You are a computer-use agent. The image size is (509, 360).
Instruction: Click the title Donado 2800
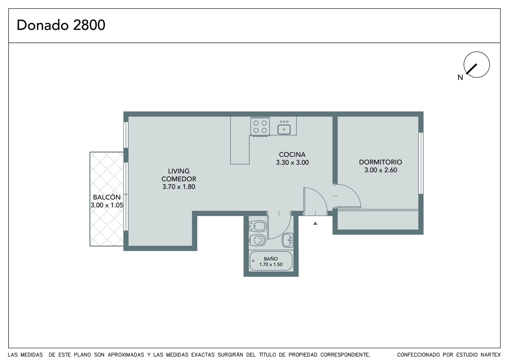[x=61, y=25]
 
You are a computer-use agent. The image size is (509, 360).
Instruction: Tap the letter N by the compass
[x=460, y=78]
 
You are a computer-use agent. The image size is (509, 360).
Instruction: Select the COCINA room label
[x=292, y=155]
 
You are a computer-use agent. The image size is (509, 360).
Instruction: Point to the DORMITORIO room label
[x=380, y=162]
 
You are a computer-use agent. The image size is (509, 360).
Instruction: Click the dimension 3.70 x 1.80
[x=178, y=187]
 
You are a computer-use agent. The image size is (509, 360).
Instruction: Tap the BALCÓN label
[x=107, y=197]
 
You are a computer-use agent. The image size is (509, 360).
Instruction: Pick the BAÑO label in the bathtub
[x=271, y=259]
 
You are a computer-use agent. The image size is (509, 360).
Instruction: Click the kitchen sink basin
[x=284, y=130]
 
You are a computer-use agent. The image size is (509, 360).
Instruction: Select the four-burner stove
[x=260, y=126]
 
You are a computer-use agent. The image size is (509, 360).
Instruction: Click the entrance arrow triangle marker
[x=315, y=223]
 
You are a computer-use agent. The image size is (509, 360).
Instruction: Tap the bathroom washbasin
[x=288, y=240]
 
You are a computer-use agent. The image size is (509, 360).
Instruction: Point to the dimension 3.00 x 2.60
[x=380, y=170]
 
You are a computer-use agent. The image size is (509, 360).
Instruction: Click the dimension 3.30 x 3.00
[x=292, y=163]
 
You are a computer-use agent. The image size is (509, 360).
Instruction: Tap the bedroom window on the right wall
[x=421, y=163]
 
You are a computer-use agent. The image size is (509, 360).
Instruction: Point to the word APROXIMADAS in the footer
[x=126, y=355]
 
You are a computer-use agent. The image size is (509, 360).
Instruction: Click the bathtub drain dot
[x=253, y=261]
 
